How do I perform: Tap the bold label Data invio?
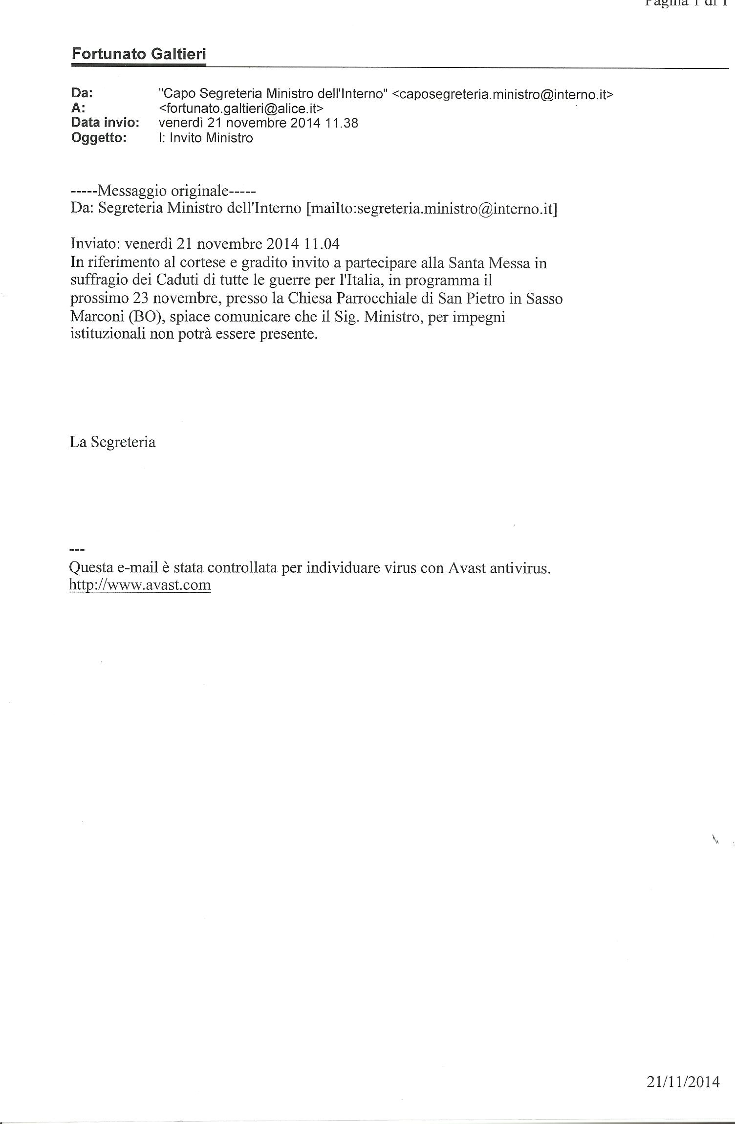pyautogui.click(x=105, y=123)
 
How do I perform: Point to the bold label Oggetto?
pyautogui.click(x=99, y=138)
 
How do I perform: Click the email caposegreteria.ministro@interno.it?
pyautogui.click(x=502, y=94)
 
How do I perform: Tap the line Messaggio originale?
pyautogui.click(x=163, y=190)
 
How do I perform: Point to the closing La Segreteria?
pyautogui.click(x=113, y=442)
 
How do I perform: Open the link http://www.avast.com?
pyautogui.click(x=140, y=585)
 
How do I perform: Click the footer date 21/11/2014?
pyautogui.click(x=683, y=1082)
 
